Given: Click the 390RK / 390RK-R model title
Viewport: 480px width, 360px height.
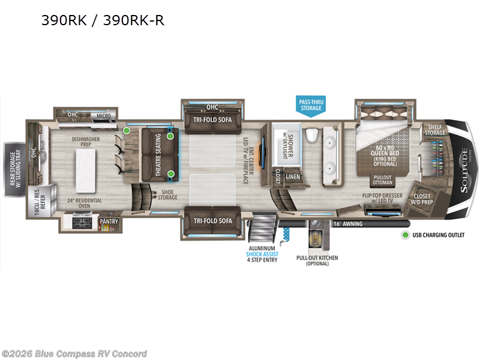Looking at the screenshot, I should point(103,21).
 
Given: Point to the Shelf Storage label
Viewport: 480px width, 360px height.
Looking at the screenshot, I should point(435,130).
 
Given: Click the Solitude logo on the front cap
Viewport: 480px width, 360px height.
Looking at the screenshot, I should point(464,168).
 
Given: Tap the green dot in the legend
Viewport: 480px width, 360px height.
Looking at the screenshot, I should point(406,235).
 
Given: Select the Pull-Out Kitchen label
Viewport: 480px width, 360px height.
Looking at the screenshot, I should point(317,260).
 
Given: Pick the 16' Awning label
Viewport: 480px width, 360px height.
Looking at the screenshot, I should point(346,224).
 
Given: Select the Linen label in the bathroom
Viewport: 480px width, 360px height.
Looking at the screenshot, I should point(293,176).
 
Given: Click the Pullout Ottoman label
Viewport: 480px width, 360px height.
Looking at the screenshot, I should point(383,181).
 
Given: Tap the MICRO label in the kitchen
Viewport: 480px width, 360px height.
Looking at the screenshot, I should point(103,115).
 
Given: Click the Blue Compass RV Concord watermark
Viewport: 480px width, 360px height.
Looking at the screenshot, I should point(74,353).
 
